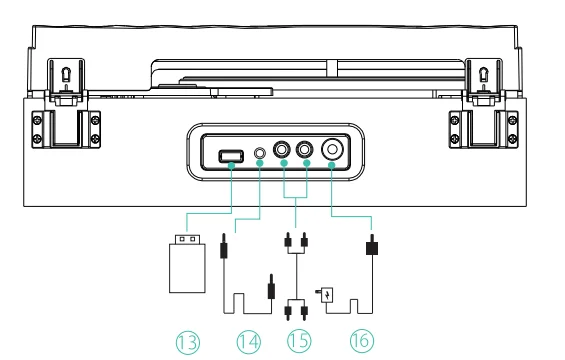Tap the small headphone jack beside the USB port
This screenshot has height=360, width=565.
pos(260,156)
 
